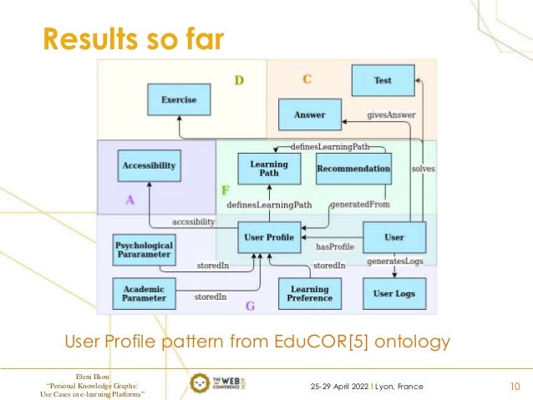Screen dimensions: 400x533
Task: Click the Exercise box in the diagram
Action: click(179, 100)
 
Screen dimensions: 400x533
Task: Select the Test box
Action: click(383, 80)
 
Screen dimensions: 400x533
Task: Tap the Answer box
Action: click(310, 114)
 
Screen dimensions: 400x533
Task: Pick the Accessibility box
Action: click(149, 165)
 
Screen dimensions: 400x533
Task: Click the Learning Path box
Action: click(269, 168)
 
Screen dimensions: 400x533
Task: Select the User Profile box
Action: click(269, 237)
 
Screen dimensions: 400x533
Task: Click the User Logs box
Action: click(393, 293)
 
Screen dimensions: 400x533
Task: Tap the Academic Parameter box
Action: click(144, 293)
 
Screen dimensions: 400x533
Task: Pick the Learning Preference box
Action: click(309, 293)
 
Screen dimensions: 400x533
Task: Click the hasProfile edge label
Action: click(335, 247)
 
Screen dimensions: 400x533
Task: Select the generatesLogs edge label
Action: click(395, 262)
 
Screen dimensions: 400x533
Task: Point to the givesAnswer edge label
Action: click(391, 114)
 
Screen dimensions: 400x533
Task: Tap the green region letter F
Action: click(225, 190)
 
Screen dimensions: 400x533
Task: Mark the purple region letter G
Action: click(250, 306)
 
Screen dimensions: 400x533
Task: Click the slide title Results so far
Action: click(134, 37)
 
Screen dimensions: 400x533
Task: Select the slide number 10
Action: click(515, 387)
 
